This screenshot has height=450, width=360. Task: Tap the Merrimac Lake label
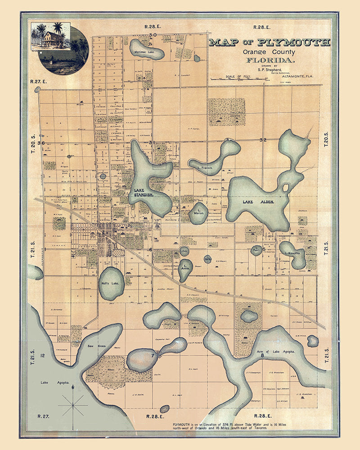[x=144, y=53]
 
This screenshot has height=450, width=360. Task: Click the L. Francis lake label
[x=205, y=167]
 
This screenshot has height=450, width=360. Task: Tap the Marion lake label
[x=198, y=212]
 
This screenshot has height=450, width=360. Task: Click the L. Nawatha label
[x=295, y=253]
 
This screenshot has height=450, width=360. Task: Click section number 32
[x=263, y=140]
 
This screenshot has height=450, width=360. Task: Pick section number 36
[x=41, y=143]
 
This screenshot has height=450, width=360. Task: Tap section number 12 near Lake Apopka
[x=42, y=356]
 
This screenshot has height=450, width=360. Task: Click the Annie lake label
[x=184, y=269]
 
